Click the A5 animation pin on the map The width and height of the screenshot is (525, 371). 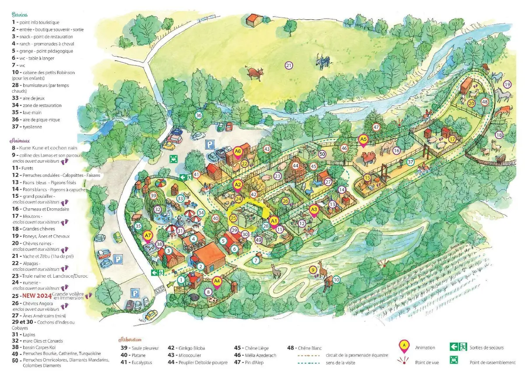point(363,140)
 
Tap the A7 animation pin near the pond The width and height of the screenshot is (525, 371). point(147,235)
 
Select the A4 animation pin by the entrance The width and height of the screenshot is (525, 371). point(217,281)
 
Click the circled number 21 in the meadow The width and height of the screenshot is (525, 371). point(289,66)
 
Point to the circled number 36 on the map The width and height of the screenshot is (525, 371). point(199,115)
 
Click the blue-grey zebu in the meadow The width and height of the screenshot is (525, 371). point(323,63)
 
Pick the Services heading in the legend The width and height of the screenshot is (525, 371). point(20,14)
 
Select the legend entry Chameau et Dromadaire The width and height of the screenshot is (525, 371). point(42,209)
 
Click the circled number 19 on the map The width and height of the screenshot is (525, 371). point(507,84)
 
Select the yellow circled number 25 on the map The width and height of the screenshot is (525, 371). point(233,217)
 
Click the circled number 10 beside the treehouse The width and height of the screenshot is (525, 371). point(336,280)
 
